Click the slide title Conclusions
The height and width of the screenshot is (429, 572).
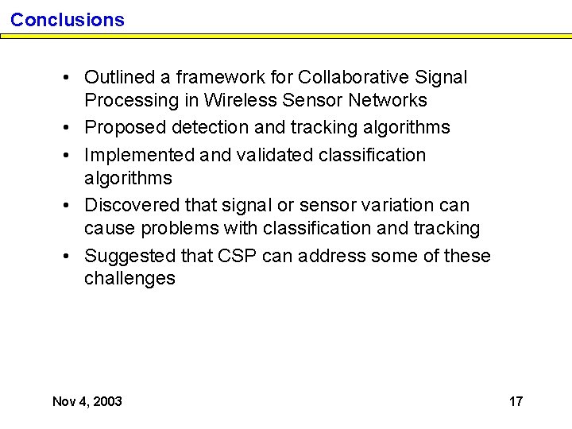pyautogui.click(x=68, y=20)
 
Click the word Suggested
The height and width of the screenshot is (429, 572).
pyautogui.click(x=130, y=256)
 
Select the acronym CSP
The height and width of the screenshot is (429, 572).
pyautogui.click(x=237, y=256)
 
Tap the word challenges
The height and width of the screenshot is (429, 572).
pyautogui.click(x=129, y=278)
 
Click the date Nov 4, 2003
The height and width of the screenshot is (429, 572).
pyautogui.click(x=87, y=401)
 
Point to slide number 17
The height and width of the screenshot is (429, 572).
pyautogui.click(x=516, y=401)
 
